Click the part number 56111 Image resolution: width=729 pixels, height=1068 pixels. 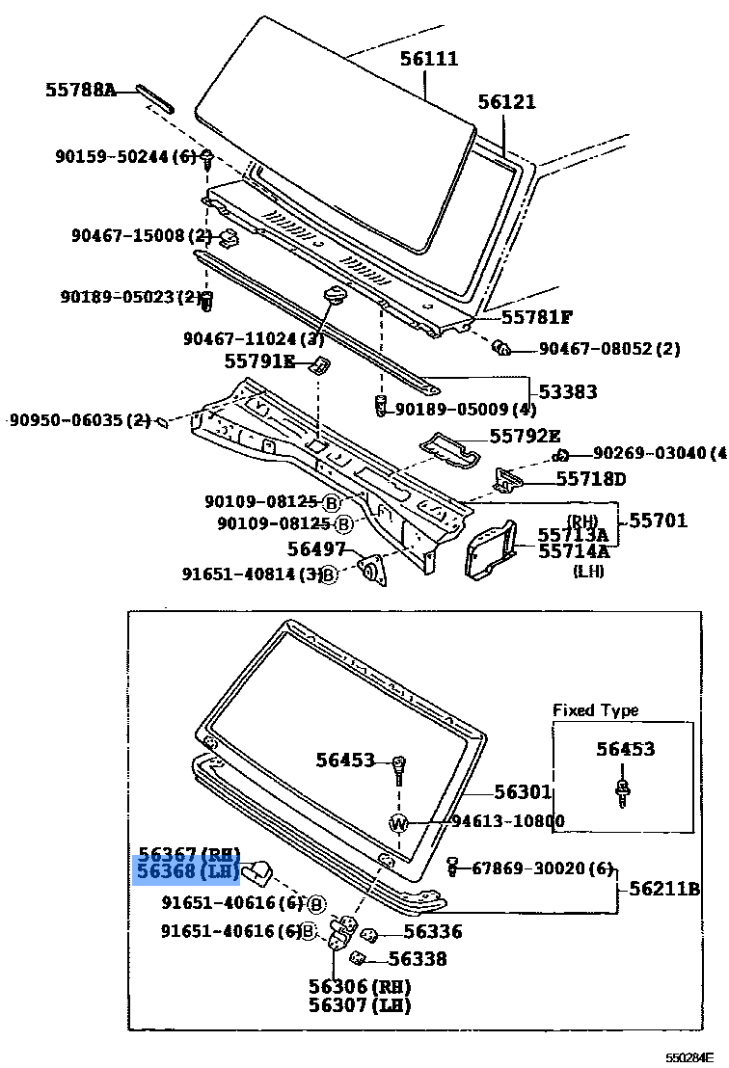(x=429, y=59)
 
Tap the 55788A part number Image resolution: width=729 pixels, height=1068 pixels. (x=80, y=91)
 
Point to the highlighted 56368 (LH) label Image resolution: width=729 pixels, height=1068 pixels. (x=188, y=872)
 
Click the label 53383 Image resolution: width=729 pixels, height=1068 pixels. (x=567, y=391)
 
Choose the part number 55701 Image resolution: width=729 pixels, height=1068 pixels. (x=659, y=521)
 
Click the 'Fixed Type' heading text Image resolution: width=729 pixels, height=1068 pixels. (x=595, y=710)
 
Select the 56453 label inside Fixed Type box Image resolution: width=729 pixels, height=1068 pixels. (x=624, y=749)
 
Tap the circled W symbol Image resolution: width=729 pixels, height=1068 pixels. (x=400, y=822)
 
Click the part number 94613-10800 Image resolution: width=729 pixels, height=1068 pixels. (x=508, y=821)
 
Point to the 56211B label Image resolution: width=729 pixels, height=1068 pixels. (x=664, y=889)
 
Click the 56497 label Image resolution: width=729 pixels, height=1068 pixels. (x=316, y=548)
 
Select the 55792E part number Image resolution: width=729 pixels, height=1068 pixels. (x=525, y=436)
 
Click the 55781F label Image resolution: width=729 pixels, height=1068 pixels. (x=536, y=316)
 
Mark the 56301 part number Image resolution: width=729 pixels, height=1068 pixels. (x=523, y=792)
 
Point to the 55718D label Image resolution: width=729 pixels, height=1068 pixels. (x=590, y=479)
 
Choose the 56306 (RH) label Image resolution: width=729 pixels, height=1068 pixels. (x=359, y=986)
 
